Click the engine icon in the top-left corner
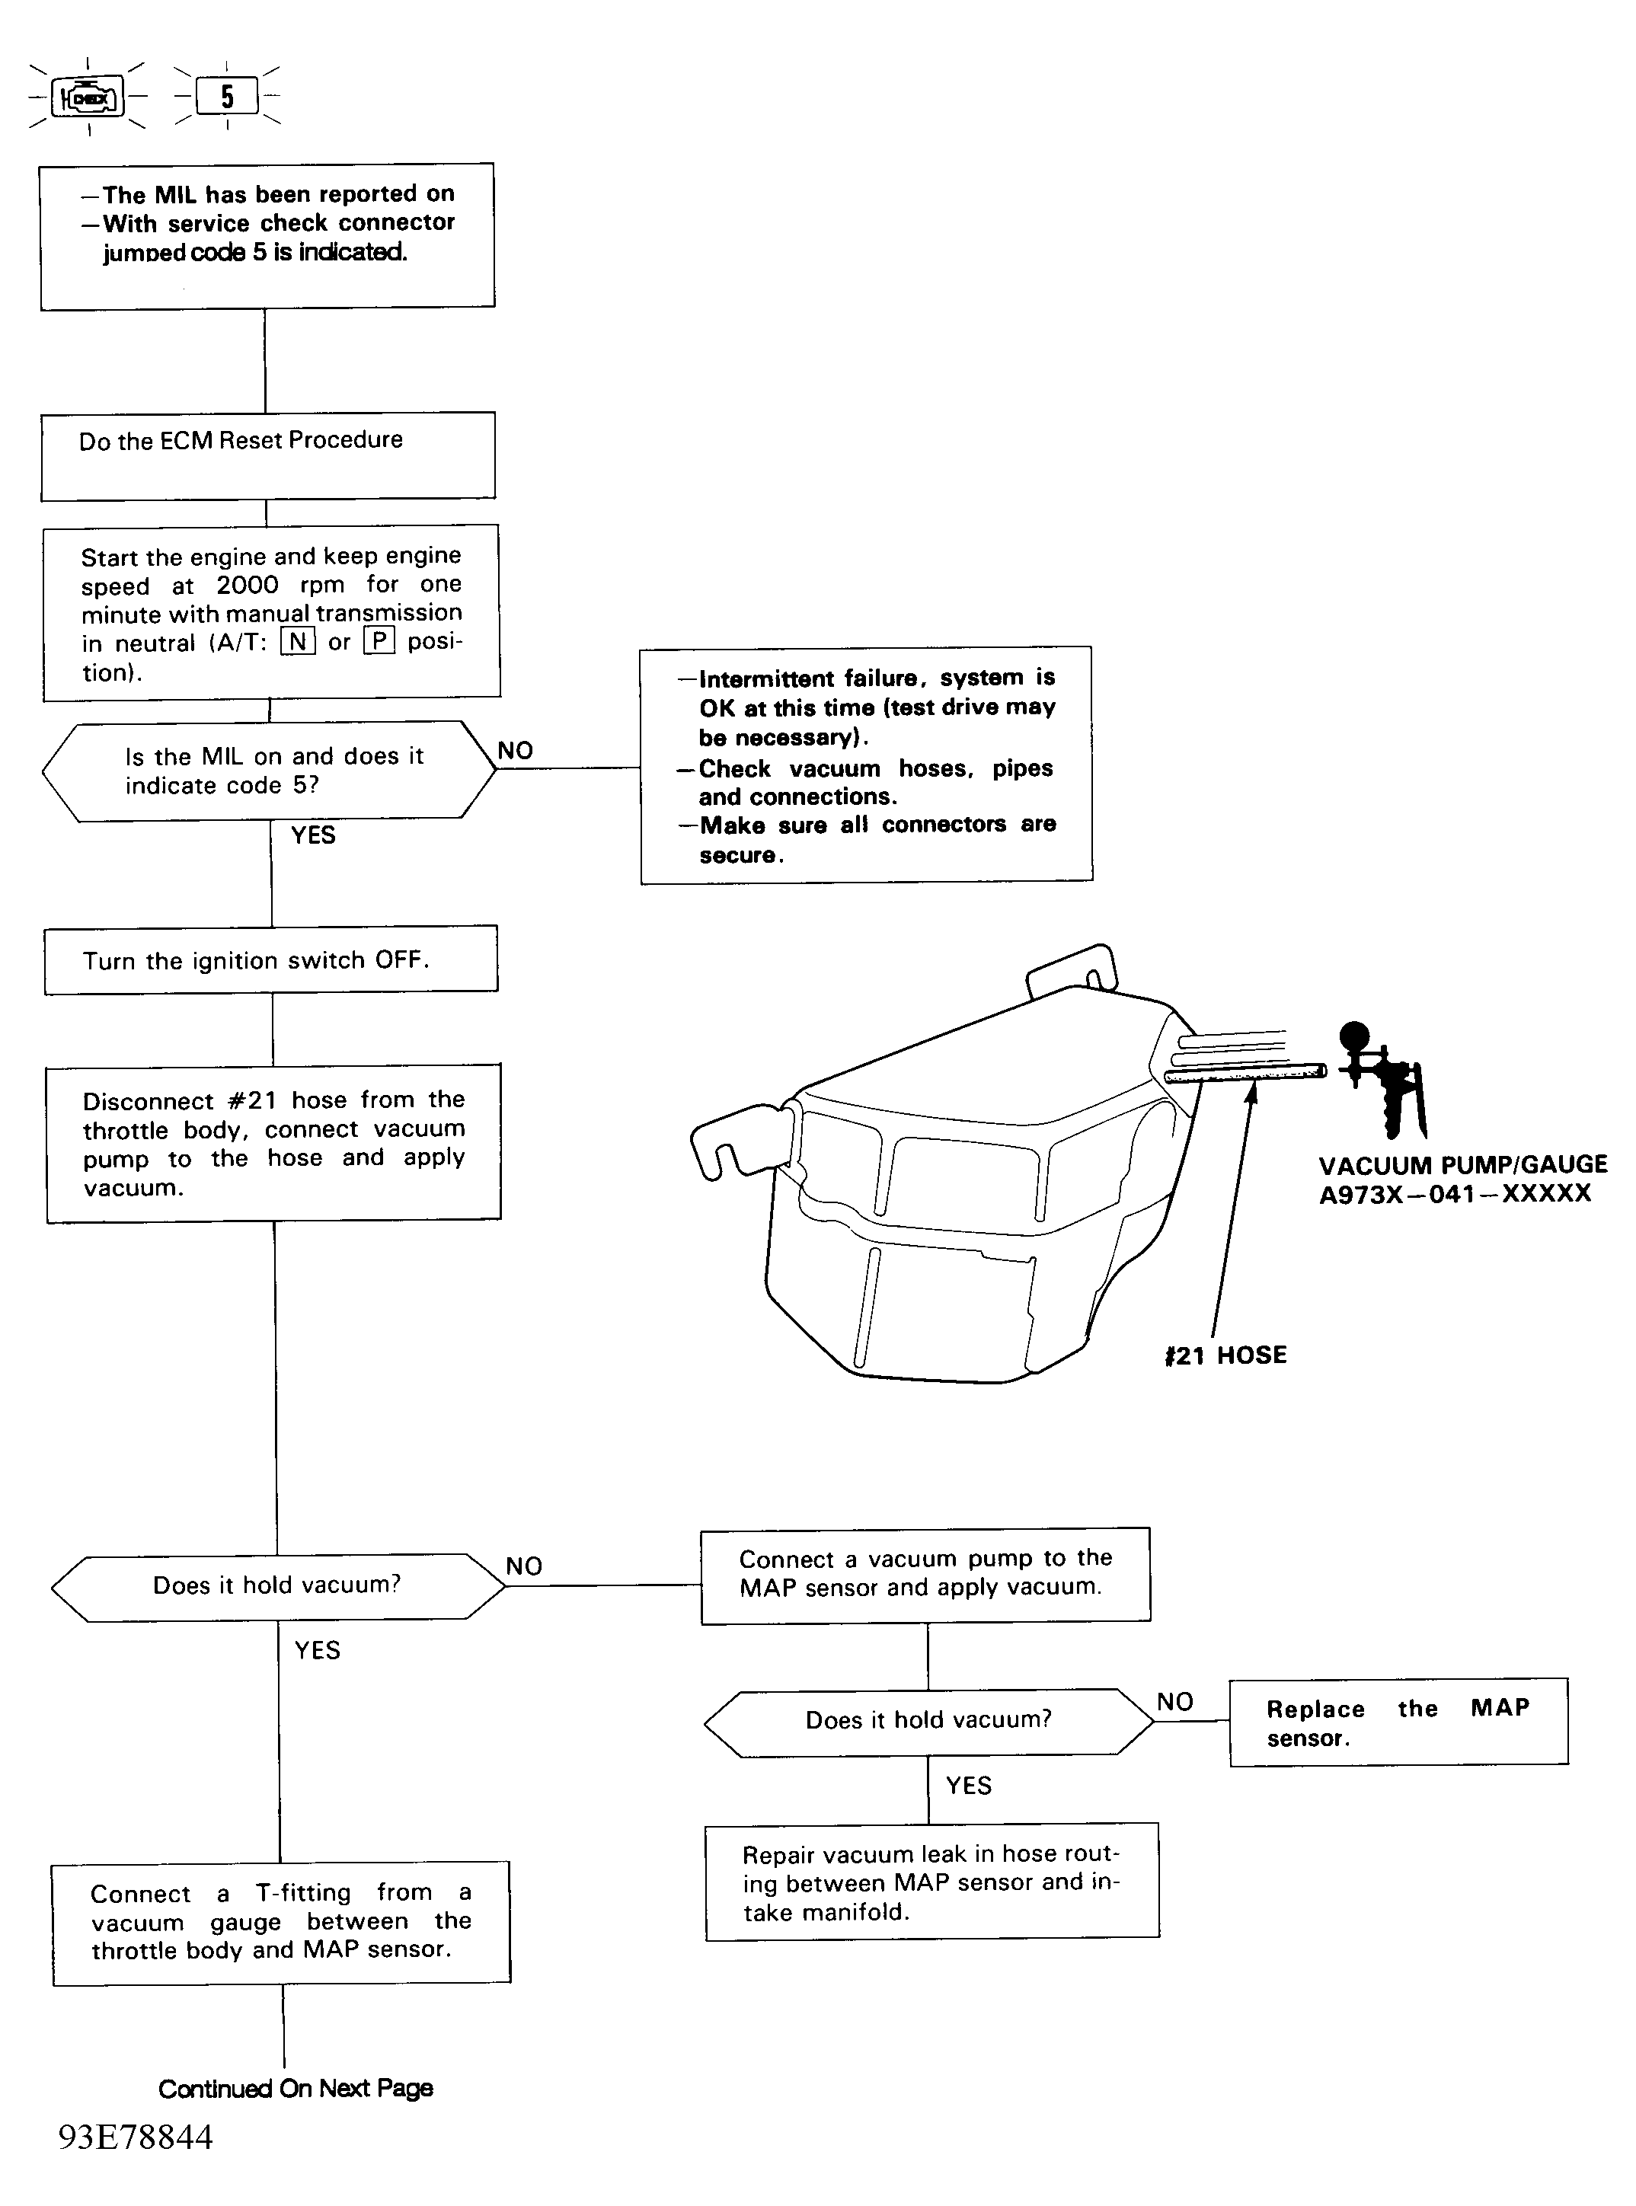[88, 97]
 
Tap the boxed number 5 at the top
[227, 96]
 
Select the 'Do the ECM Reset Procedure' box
[267, 455]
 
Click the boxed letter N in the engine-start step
[297, 642]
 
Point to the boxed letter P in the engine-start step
[379, 642]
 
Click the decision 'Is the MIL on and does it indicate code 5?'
[268, 771]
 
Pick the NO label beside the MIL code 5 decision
[515, 751]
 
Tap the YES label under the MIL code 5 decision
[313, 835]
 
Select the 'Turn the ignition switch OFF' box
[271, 959]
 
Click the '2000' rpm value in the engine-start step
[248, 585]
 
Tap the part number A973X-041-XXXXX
[1455, 1193]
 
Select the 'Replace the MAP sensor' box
[1398, 1722]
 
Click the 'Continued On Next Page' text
[295, 2088]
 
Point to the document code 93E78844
[136, 2137]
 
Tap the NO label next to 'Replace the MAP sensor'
[1175, 1702]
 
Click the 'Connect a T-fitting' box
[281, 1923]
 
